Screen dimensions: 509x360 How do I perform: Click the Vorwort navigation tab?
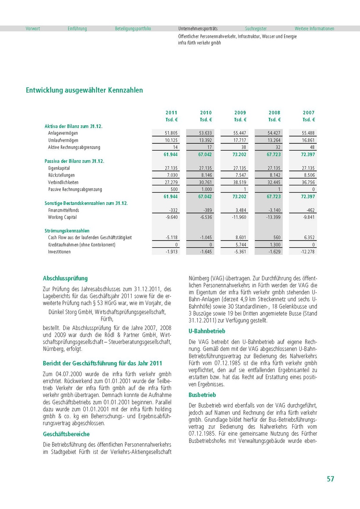[x=33, y=29]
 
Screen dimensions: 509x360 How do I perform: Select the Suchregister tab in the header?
[x=256, y=29]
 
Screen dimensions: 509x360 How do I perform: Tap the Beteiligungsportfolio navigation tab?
[x=133, y=29]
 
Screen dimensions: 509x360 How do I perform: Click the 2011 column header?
[x=172, y=113]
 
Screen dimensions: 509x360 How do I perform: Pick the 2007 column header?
[x=309, y=113]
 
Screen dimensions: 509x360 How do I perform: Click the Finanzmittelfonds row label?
[x=63, y=210]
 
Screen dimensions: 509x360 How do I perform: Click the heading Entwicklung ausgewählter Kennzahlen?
[x=84, y=90]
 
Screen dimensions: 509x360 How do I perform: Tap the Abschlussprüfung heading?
[x=65, y=279]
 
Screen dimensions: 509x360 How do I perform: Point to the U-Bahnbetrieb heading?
[x=207, y=331]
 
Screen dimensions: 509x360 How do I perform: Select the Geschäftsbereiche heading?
[x=66, y=434]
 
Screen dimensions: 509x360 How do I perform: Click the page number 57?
[x=330, y=479]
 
